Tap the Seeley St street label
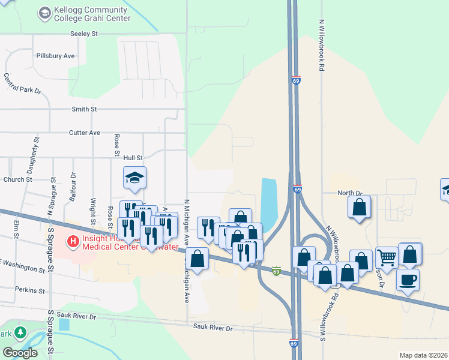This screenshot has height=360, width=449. click(84, 34)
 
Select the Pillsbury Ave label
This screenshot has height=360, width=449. click(55, 56)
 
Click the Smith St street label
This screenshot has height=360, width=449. click(84, 109)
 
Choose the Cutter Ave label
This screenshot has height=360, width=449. click(85, 133)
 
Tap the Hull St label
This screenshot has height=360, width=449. click(133, 158)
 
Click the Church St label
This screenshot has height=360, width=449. click(17, 179)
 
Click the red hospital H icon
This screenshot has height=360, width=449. click(73, 242)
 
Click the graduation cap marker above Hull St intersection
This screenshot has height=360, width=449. click(135, 177)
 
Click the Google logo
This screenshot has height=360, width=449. click(20, 353)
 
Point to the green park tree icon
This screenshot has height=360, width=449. click(20, 332)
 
